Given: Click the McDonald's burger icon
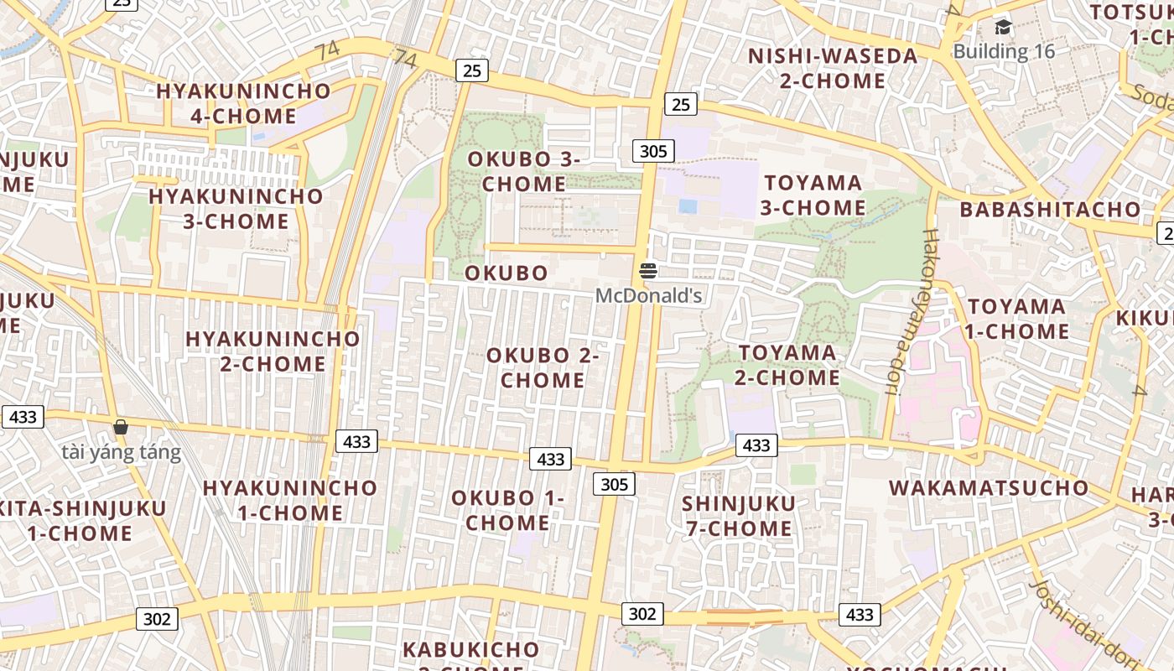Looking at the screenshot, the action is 648,271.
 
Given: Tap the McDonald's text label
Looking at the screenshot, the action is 648,295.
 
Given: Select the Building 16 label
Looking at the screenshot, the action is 1004,51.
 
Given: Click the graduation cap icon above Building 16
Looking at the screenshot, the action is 1003,28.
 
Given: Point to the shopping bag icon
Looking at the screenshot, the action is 121,428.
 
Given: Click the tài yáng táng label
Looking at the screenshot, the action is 121,453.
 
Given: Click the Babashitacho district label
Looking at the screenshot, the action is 1050,210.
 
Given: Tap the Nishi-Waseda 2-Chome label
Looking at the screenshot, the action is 833,69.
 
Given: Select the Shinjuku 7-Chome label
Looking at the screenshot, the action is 737,516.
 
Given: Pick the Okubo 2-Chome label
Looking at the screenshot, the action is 543,367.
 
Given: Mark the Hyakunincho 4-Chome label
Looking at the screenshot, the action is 243,103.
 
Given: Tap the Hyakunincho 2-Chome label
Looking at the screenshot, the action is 273,351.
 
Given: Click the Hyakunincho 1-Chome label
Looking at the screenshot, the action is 289,500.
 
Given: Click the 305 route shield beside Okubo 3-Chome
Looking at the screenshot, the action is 652,151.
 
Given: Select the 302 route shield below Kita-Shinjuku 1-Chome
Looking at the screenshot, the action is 157,619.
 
